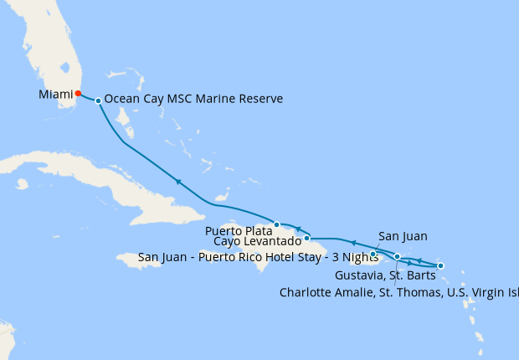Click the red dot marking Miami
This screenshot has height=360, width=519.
78,93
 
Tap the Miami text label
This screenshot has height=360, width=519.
55,95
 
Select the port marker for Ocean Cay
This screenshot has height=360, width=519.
99,100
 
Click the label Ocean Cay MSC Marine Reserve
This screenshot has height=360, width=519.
193,99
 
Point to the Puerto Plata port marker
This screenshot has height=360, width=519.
277,224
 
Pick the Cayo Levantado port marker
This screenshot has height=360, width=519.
307,238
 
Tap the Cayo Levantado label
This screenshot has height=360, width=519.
257,242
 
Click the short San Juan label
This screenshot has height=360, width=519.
399,236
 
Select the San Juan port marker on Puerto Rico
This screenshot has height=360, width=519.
373,254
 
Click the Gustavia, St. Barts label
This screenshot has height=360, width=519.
384,275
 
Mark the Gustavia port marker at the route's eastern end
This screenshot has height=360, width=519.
440,265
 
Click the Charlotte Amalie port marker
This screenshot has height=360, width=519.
398,257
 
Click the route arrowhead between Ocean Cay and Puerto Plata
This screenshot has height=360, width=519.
178,181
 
